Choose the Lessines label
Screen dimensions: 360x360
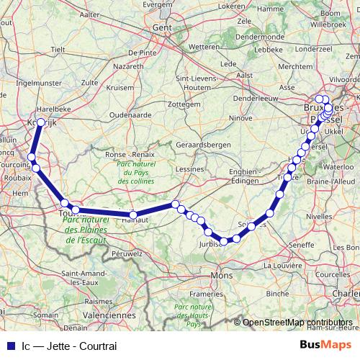(x=190, y=169)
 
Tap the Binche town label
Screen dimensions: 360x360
(x=277, y=294)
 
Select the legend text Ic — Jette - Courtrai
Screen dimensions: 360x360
(x=69, y=345)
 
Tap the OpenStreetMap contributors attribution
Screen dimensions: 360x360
(x=297, y=323)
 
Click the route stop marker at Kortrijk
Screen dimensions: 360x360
(x=41, y=123)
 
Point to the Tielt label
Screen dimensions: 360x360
(x=58, y=49)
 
